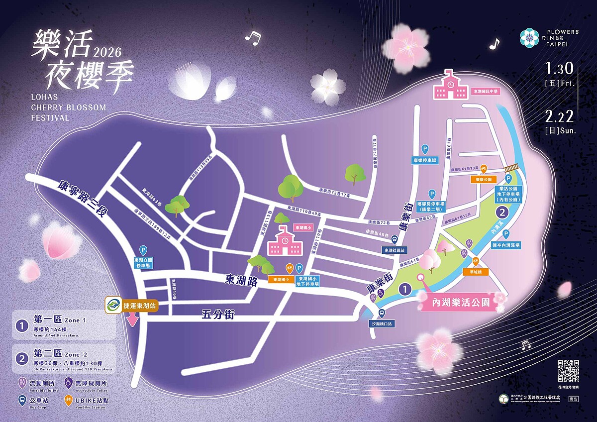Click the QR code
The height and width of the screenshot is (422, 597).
coord(568,371)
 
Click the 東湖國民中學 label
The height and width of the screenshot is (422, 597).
coord(485,91)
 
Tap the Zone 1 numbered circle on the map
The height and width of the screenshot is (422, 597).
coord(405,289)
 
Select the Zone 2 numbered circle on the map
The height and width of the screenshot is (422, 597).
coord(503,213)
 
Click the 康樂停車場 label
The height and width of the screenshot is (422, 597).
coord(425,161)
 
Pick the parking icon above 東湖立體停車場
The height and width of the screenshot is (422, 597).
coord(143,250)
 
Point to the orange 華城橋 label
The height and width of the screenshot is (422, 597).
coord(476,272)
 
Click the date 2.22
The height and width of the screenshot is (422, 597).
coord(560,116)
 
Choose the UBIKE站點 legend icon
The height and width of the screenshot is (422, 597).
coord(68,399)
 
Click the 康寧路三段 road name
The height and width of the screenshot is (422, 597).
coord(82,202)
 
